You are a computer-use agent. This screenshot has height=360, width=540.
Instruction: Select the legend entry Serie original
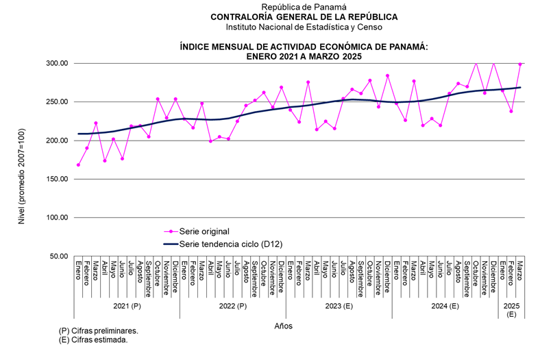tap(204, 231)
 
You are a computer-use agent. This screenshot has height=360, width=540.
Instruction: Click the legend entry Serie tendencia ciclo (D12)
tap(230, 243)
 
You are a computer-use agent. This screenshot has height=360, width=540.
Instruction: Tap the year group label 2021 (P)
tap(127, 307)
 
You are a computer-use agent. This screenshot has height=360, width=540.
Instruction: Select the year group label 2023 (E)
tap(339, 307)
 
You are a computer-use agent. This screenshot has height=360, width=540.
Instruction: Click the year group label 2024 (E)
tap(445, 307)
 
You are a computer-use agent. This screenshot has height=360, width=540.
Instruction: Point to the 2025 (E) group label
tap(511, 309)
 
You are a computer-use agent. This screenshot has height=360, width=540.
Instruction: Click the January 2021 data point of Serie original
tap(79, 165)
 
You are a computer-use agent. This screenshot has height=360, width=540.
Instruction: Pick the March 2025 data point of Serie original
tap(520, 64)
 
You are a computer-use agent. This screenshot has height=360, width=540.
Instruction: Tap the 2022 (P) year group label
tap(233, 307)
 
